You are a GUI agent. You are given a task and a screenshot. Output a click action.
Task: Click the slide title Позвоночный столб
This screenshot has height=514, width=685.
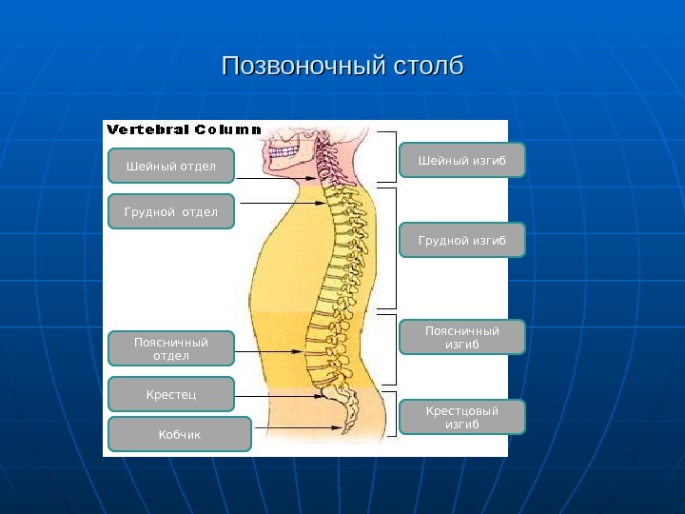click(342, 68)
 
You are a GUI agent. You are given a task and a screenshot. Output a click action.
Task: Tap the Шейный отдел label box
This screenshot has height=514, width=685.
click(171, 167)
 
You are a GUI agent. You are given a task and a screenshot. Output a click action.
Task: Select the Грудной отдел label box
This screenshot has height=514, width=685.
click(171, 211)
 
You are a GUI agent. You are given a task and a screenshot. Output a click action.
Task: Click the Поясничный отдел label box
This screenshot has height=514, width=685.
click(171, 348)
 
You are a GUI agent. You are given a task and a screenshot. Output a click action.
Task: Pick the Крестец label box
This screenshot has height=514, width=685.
click(171, 393)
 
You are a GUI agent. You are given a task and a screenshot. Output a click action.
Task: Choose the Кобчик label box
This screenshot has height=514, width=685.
click(180, 434)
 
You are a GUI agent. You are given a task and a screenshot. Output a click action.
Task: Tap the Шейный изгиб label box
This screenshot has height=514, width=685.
click(461, 160)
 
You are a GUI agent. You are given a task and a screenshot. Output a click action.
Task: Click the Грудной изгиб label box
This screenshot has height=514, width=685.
click(461, 241)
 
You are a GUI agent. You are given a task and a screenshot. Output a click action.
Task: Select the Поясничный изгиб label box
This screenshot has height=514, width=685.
click(461, 337)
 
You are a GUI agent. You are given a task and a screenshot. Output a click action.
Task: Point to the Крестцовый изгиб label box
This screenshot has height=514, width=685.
click(461, 417)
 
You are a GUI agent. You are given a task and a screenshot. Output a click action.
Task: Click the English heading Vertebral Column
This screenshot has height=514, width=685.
click(184, 128)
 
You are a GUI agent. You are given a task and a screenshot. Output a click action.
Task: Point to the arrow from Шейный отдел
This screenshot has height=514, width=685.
click(276, 178)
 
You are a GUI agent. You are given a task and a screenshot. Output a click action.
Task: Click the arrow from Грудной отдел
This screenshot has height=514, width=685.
click(281, 203)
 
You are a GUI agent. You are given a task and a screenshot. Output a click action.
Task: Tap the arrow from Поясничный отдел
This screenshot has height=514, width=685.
click(271, 351)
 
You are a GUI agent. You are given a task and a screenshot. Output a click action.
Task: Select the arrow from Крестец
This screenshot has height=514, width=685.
click(281, 396)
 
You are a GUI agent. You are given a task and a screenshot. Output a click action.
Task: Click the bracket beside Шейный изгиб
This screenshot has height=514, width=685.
click(393, 156)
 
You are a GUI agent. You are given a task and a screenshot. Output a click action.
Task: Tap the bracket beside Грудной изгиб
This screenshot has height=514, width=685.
click(393, 248)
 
